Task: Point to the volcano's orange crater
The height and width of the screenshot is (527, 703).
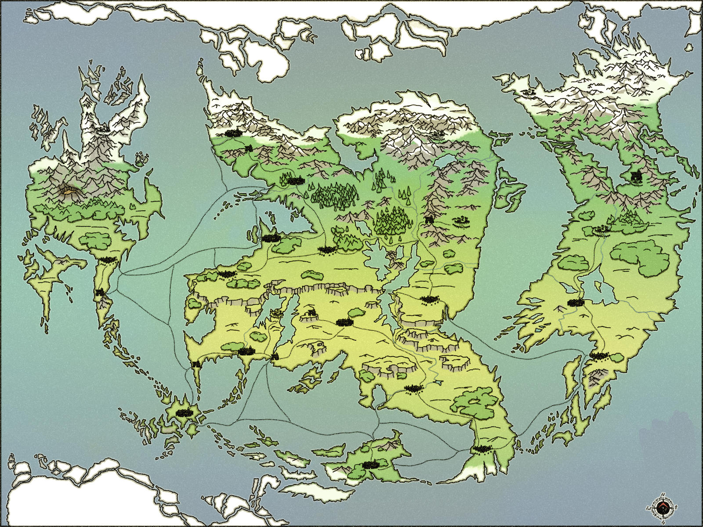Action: click(x=68, y=191)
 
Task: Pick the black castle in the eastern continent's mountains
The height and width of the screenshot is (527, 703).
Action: click(x=636, y=177)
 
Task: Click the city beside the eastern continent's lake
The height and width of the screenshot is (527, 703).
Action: click(x=576, y=302)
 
